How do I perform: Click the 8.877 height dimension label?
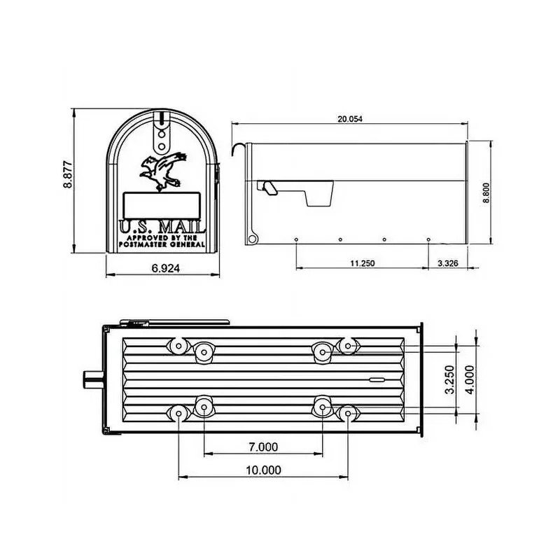click(x=68, y=174)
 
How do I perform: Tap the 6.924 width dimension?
click(x=166, y=268)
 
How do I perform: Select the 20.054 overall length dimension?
click(x=349, y=119)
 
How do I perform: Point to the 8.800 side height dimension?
click(x=486, y=193)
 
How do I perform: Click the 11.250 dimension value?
click(x=363, y=263)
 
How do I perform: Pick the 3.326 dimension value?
click(x=448, y=263)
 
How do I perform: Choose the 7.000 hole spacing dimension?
click(x=263, y=447)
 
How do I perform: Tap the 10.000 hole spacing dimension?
click(x=263, y=470)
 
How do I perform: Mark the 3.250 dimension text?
click(x=450, y=379)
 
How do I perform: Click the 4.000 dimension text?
click(x=470, y=379)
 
